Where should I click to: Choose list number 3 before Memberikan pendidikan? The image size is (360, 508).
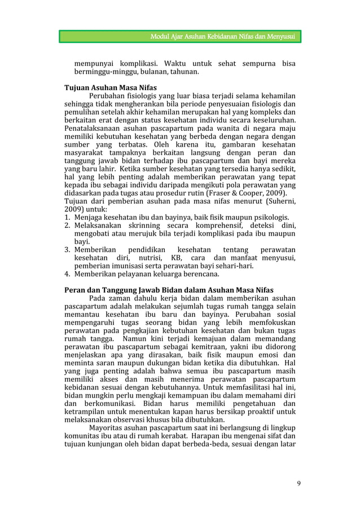pos(66,250)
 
